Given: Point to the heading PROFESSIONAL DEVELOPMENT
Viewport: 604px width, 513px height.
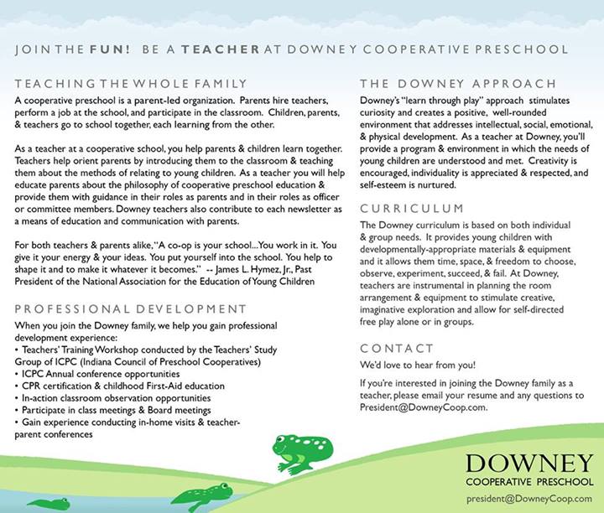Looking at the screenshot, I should pos(131,309).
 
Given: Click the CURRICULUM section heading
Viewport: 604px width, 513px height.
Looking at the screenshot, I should pos(411,208).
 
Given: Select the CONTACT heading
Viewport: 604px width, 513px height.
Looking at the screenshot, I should pos(396,348).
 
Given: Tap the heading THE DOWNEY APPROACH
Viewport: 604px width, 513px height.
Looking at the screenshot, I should pos(457,83).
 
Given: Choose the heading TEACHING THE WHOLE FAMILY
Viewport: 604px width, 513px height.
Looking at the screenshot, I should pos(131,83).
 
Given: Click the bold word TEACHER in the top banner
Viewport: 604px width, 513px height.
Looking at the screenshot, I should pos(220,49).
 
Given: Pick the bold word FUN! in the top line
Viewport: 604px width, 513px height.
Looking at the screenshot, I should pos(110,49).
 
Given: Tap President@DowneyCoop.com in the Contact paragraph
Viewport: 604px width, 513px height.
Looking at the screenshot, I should pos(423,407).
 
